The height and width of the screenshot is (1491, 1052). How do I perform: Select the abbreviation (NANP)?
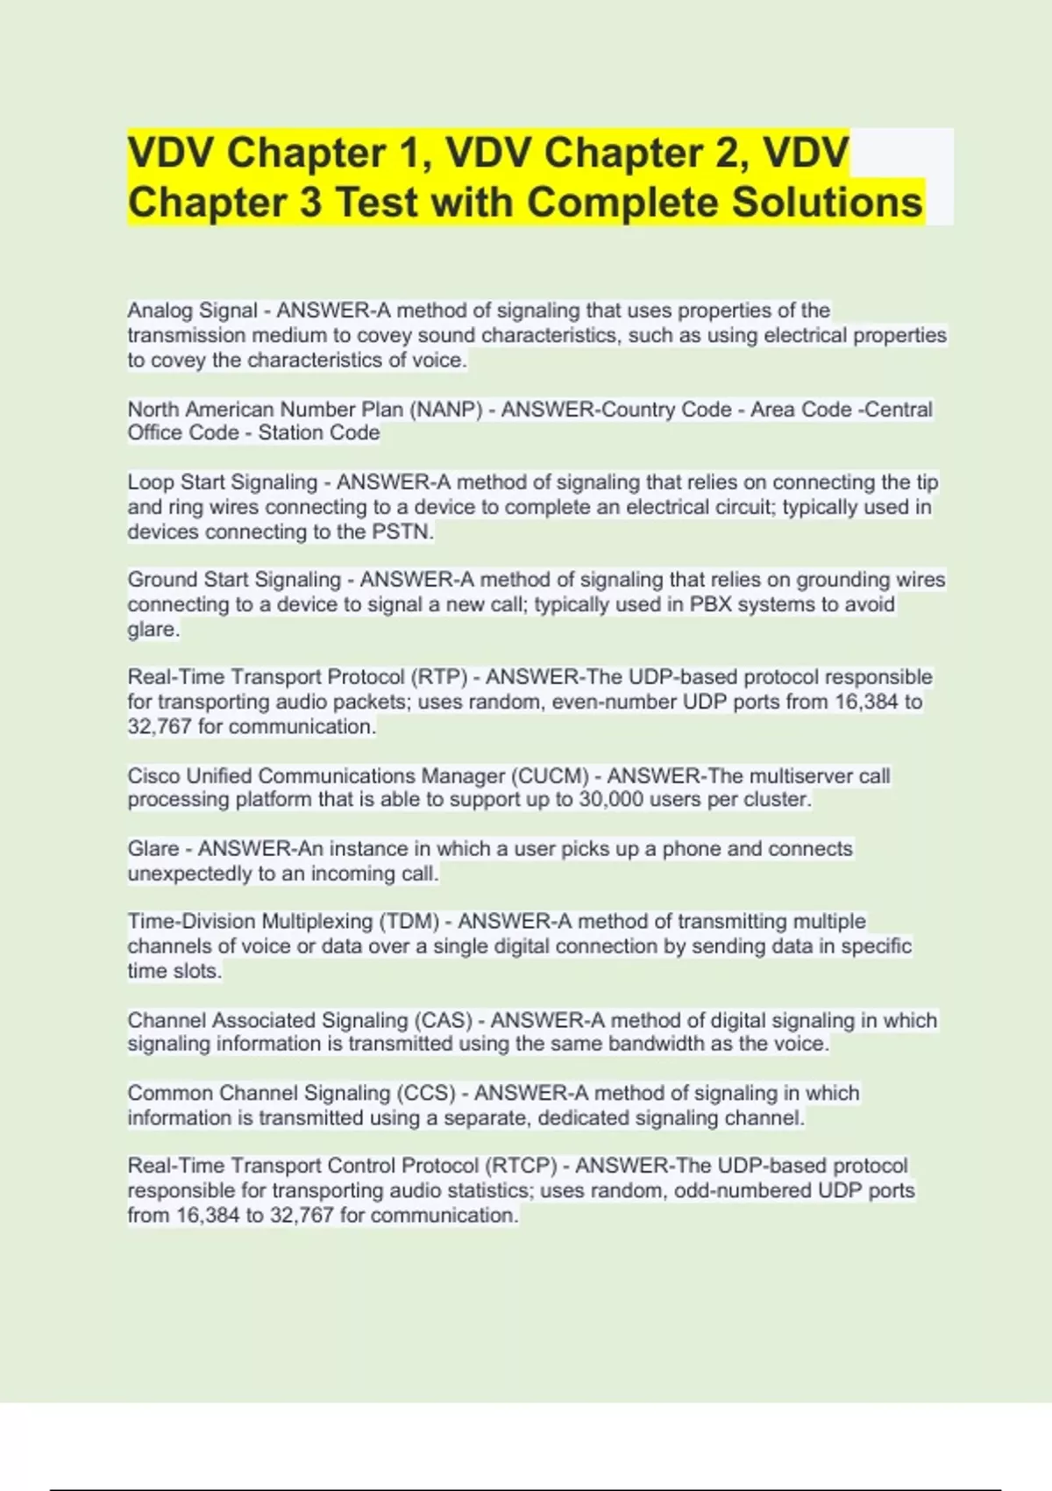tap(445, 410)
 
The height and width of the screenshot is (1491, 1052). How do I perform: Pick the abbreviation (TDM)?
tap(408, 922)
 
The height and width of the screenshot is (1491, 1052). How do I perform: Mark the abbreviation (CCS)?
tap(427, 1094)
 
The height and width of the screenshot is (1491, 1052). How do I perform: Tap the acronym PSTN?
tap(402, 531)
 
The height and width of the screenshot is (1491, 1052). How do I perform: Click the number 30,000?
tap(611, 800)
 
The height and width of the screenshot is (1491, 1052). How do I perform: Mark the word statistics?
tap(487, 1190)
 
